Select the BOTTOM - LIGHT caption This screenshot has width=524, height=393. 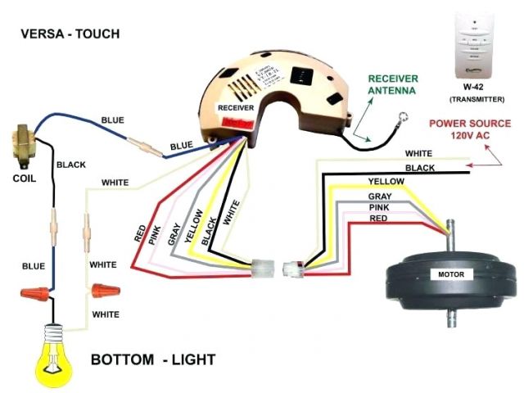[153, 359]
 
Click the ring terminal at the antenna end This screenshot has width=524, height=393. [401, 119]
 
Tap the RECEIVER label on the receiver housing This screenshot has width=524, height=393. [235, 107]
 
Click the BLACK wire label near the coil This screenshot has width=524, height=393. [70, 165]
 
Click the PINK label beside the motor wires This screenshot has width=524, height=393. [378, 208]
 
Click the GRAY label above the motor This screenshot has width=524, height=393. [379, 197]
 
